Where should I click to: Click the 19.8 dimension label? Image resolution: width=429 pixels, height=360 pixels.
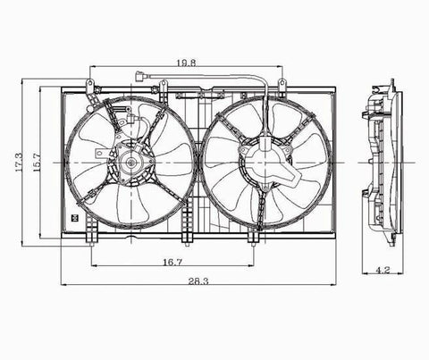186,63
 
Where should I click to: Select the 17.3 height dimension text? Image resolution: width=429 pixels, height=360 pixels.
19,163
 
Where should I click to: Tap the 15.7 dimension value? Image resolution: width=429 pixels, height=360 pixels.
37,163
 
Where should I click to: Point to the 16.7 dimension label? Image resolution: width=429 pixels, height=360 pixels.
172,262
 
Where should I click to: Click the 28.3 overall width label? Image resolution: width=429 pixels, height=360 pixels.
198,280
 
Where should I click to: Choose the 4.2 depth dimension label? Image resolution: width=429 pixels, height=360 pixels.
383,270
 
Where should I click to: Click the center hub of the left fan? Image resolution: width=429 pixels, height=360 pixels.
130,163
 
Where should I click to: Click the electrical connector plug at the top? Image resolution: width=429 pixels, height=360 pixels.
139,76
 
